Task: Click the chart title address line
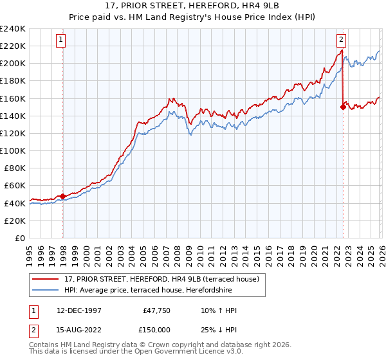coord(193,5)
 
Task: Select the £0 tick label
coord(19,238)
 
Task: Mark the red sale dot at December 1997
coord(62,196)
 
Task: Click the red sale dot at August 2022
coord(343,107)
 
